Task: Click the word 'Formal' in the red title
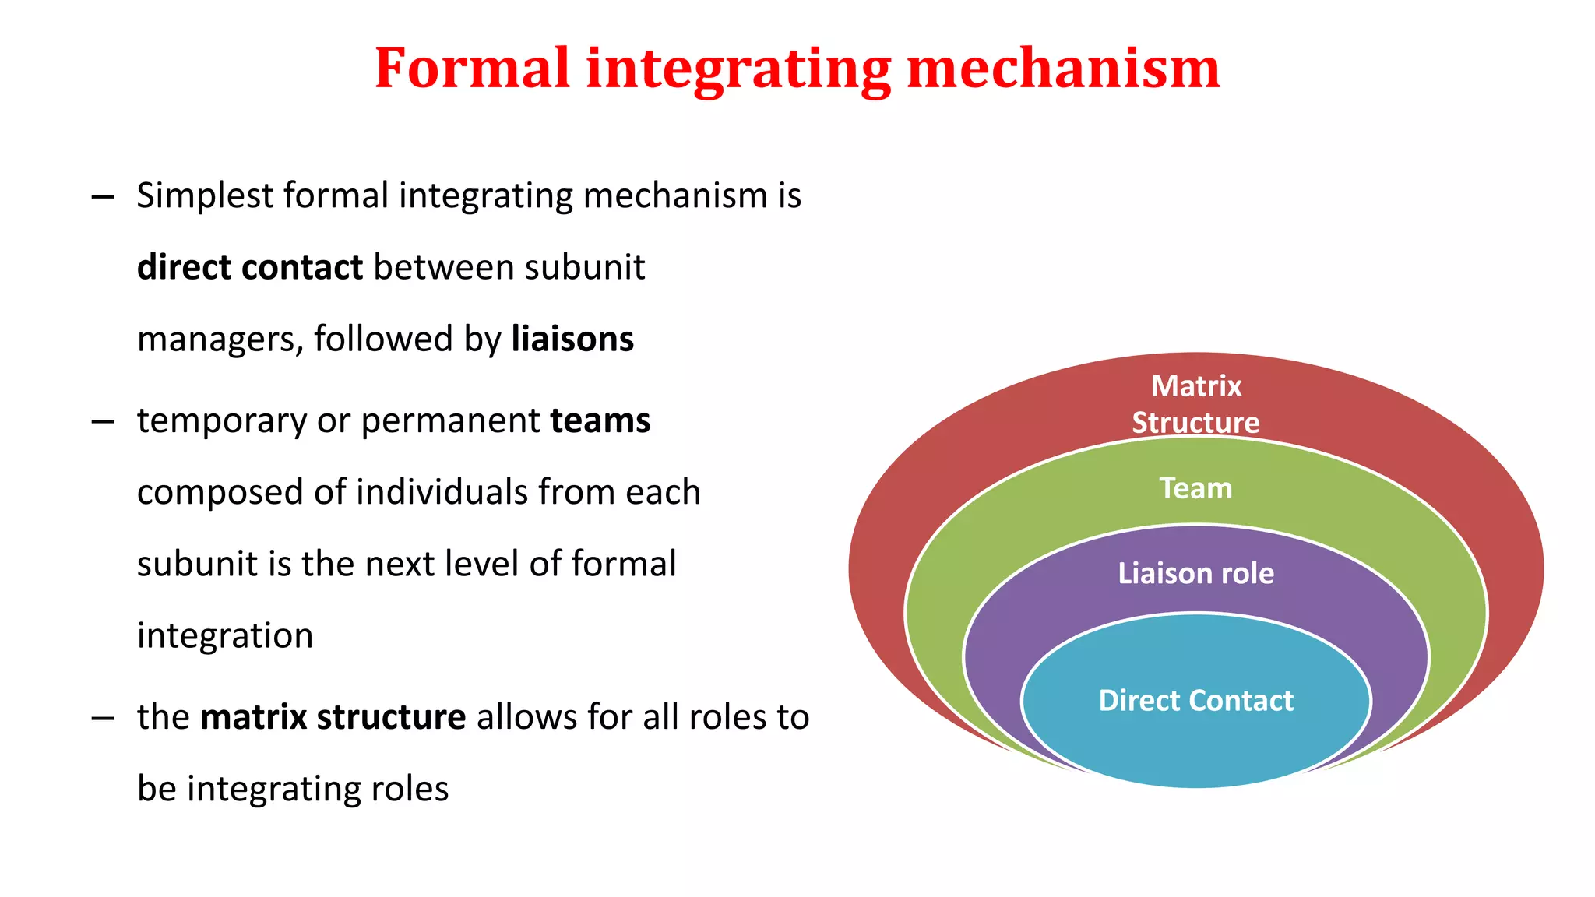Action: [x=472, y=69]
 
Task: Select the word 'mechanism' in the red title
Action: [x=1063, y=69]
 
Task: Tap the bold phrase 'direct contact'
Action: [x=249, y=267]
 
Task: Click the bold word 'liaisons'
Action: [x=572, y=339]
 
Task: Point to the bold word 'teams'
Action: [x=600, y=420]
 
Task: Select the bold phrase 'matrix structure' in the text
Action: [x=333, y=716]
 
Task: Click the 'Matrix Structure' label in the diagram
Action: [x=1195, y=403]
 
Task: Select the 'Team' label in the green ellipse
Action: [x=1195, y=488]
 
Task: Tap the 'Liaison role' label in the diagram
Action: [x=1195, y=573]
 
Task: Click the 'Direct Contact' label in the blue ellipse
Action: [x=1195, y=700]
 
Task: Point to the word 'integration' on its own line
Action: [x=225, y=635]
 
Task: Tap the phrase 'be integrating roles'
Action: [x=293, y=789]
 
